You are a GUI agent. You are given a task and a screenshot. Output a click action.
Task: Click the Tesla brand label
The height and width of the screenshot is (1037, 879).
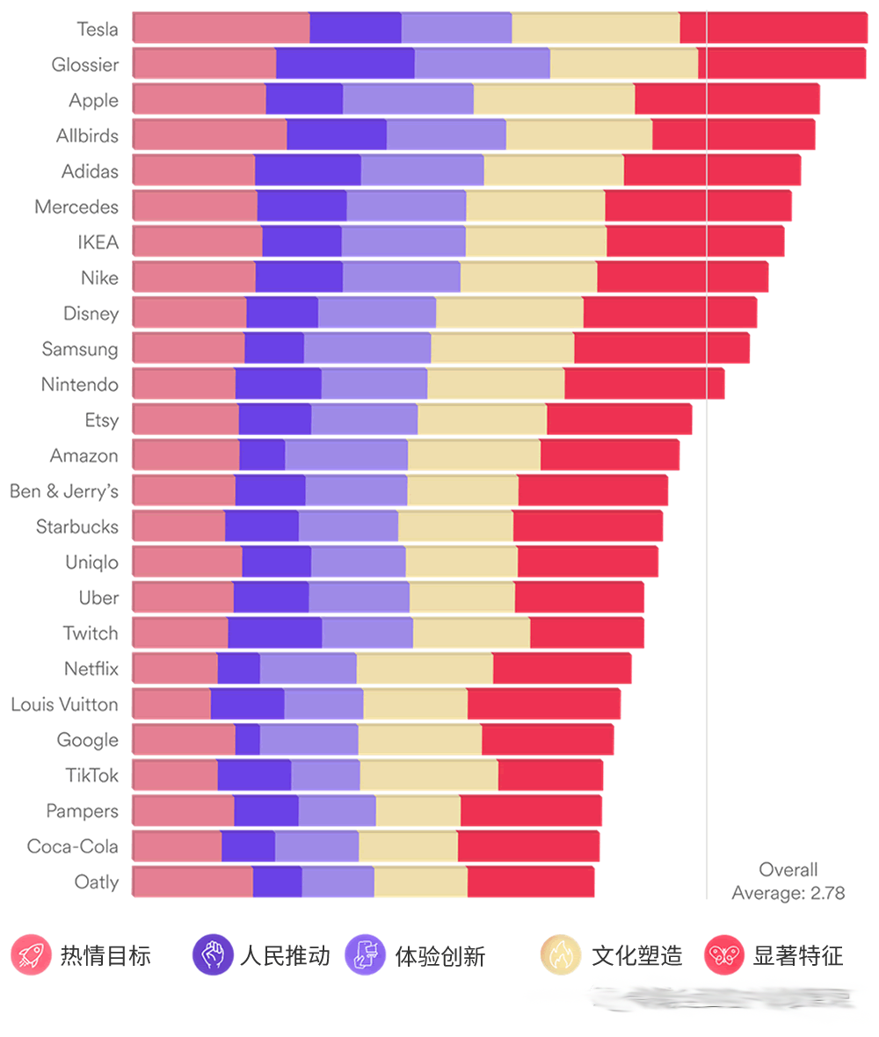coord(97,29)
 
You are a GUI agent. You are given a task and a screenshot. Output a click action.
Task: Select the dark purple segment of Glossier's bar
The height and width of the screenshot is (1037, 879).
coord(345,63)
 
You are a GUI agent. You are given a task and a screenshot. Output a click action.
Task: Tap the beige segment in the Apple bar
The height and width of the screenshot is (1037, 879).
coord(554,99)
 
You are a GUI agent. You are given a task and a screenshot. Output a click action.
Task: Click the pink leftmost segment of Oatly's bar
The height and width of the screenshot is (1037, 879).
coord(193,881)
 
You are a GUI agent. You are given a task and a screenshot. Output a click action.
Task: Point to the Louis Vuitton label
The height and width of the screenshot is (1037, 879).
coord(64,704)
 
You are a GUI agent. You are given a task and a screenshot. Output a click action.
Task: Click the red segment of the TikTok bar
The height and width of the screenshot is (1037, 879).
coord(550,775)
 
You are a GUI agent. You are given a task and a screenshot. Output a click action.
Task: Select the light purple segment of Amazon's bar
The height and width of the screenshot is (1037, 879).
coord(346,455)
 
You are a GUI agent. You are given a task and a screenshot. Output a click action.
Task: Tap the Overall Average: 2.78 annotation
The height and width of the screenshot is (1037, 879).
coord(788,881)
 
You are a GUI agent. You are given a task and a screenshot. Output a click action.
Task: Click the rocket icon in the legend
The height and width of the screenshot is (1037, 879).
coord(32,954)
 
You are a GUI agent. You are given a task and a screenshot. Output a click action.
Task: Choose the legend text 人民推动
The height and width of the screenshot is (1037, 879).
coord(285,955)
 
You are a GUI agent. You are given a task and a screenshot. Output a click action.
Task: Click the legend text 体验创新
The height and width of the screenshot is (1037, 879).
coord(439,955)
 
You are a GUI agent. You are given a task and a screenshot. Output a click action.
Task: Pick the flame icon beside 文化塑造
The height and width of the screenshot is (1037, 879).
coord(561,954)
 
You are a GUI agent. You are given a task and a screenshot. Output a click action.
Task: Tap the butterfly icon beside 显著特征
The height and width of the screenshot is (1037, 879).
coord(725,954)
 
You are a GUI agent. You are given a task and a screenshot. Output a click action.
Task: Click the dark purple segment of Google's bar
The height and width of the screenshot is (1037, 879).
coord(247,740)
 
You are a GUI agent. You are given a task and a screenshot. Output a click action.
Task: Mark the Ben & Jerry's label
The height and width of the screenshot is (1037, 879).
coord(64,491)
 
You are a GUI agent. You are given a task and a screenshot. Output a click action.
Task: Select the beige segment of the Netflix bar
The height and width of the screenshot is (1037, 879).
coord(425,669)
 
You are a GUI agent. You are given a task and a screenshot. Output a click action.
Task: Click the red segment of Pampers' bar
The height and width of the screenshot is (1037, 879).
coord(531,810)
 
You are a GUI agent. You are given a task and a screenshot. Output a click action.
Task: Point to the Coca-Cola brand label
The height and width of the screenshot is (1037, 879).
coord(73,846)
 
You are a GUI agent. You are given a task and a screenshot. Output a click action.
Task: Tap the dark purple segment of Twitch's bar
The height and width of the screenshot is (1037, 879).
coord(274,633)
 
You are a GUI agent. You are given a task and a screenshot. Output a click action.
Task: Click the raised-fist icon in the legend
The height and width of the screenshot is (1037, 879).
coord(213,954)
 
